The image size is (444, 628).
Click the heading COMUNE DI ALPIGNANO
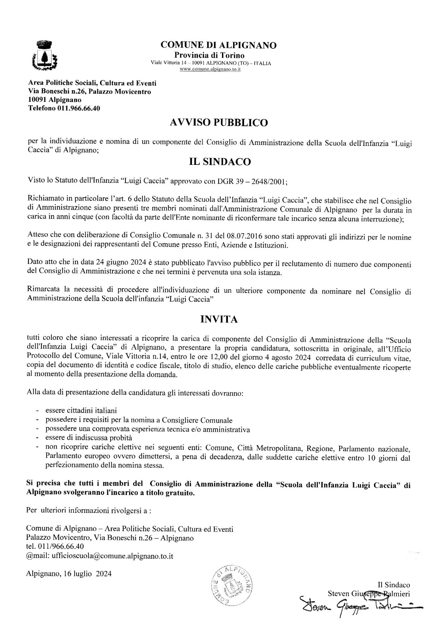[219, 45]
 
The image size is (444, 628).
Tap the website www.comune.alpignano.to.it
[210, 70]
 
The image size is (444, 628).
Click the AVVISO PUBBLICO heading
[219, 123]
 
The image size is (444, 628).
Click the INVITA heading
[219, 319]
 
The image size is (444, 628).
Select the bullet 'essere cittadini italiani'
[81, 410]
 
